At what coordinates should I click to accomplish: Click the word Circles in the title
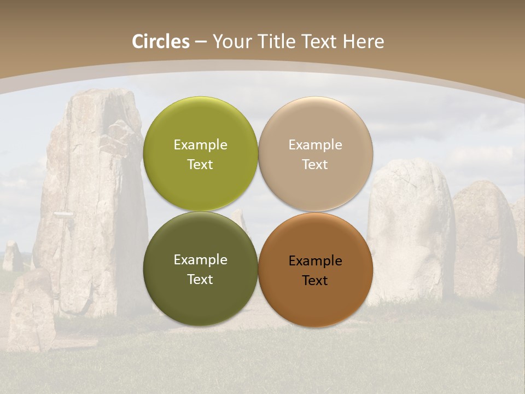[x=160, y=42]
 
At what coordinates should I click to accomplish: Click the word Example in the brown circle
[x=315, y=261]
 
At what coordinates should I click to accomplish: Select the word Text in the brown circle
[x=315, y=281]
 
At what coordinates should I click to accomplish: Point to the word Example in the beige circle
[x=315, y=145]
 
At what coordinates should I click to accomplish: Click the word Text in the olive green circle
[x=200, y=165]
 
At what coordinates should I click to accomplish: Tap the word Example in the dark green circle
[x=200, y=260]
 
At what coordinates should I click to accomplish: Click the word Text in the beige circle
[x=315, y=165]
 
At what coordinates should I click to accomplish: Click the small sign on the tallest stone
[x=63, y=215]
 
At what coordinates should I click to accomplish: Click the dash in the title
[x=200, y=42]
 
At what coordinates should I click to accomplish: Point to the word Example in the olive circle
[x=200, y=145]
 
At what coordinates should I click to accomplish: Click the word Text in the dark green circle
[x=200, y=280]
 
